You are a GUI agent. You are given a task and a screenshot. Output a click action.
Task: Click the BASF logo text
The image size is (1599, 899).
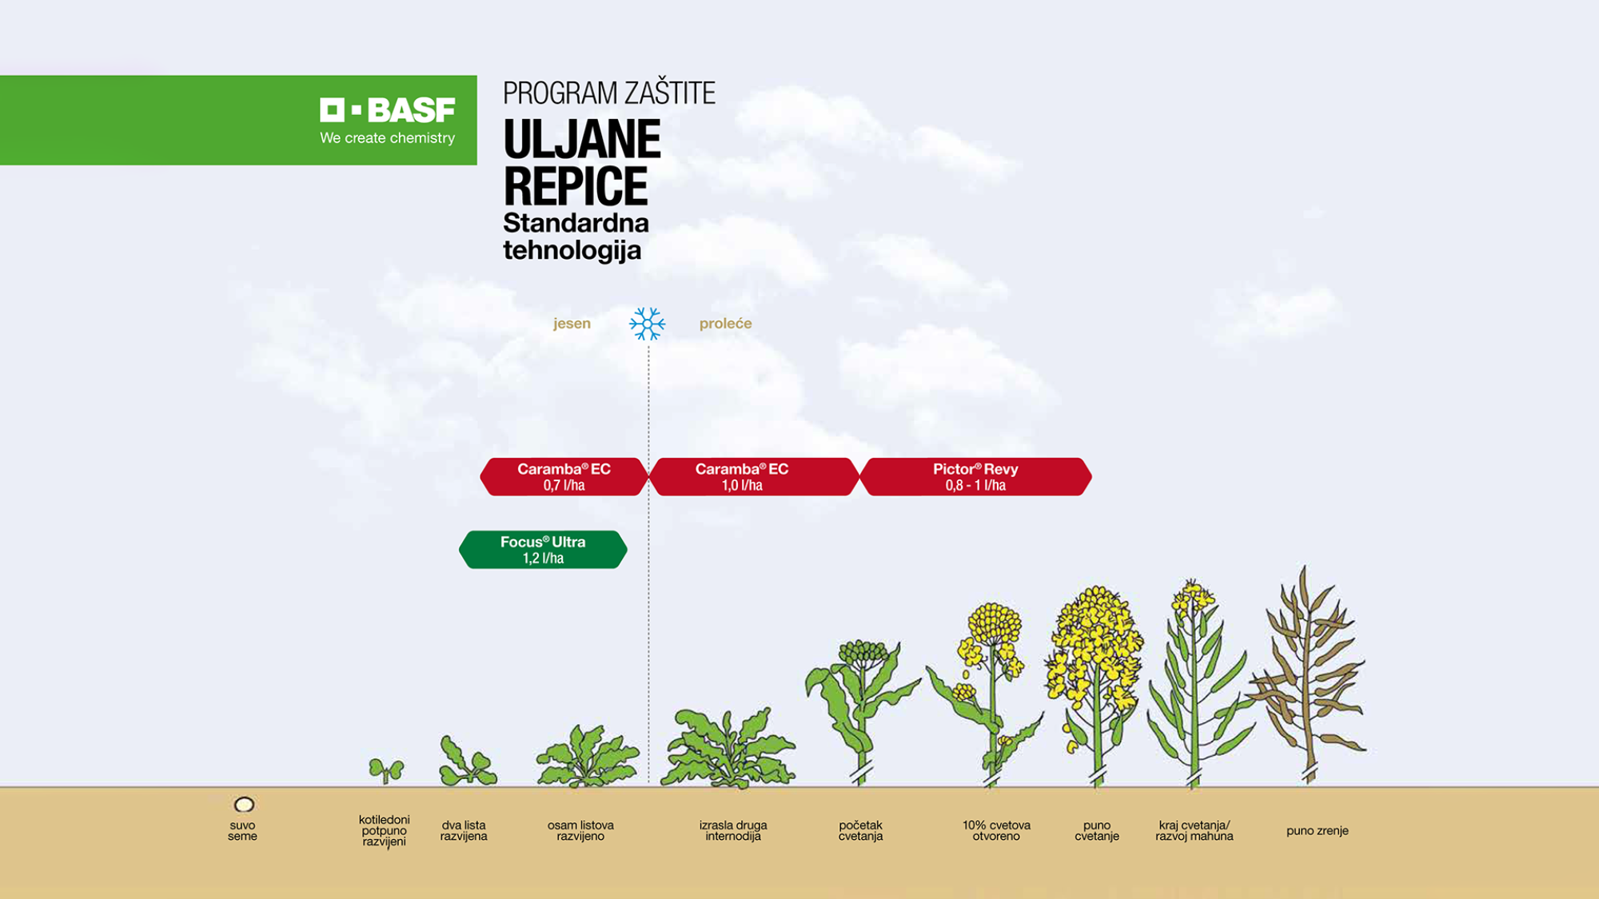(x=389, y=110)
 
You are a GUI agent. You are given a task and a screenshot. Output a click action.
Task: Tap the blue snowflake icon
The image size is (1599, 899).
(x=647, y=324)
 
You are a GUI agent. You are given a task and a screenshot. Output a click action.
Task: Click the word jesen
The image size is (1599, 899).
(x=572, y=324)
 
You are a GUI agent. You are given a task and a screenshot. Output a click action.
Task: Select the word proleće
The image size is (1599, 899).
(x=725, y=324)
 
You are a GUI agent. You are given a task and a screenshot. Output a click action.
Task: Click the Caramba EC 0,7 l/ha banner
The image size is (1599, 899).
(x=564, y=477)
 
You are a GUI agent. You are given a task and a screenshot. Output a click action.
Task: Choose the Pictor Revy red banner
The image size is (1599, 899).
(x=975, y=477)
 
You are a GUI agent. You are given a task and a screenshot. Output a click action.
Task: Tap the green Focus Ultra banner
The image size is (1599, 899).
(x=543, y=550)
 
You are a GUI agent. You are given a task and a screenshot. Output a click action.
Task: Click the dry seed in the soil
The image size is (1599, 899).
(x=244, y=805)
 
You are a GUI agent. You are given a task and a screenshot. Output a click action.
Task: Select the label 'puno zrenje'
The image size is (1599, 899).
(x=1317, y=831)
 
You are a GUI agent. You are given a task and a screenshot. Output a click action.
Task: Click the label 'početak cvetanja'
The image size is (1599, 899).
(x=860, y=831)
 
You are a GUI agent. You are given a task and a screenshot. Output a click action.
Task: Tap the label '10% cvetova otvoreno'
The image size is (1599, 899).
(x=996, y=831)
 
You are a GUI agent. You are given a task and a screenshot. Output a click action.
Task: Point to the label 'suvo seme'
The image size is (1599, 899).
(x=242, y=831)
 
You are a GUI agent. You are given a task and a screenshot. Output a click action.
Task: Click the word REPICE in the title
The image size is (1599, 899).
(x=576, y=187)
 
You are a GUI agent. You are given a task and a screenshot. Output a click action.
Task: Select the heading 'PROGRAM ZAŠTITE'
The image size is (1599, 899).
(x=608, y=93)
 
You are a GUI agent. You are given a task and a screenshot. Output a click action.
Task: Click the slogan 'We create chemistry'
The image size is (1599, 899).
(x=387, y=138)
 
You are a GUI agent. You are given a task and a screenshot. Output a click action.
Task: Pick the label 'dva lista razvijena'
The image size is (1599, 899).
(x=464, y=831)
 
